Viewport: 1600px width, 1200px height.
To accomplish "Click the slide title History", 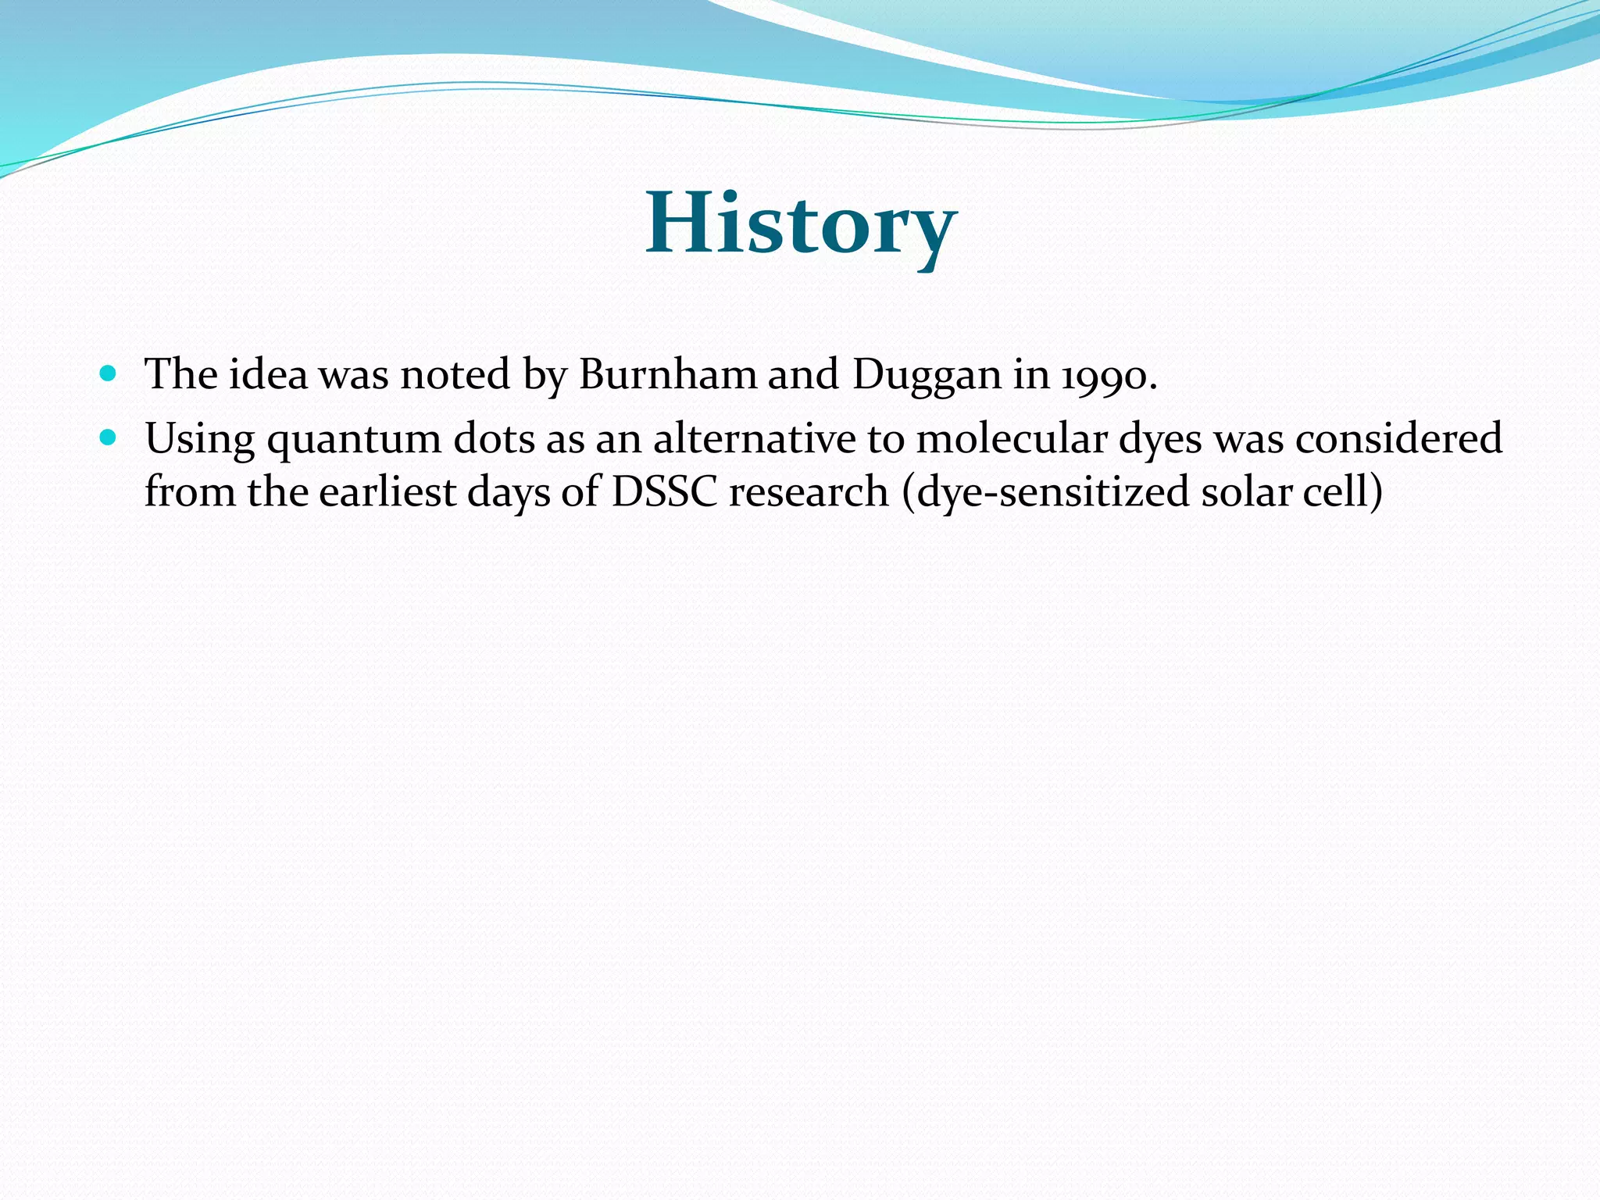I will point(801,225).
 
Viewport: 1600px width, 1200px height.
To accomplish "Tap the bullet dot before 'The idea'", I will point(109,373).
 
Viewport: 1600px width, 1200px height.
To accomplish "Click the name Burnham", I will point(668,374).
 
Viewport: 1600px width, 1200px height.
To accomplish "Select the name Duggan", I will point(927,376).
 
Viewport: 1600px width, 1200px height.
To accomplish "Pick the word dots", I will point(493,438).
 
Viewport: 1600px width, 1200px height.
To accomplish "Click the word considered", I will point(1398,438).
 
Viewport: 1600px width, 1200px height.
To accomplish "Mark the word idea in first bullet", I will point(268,374).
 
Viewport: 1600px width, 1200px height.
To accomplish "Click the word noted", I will point(455,374).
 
